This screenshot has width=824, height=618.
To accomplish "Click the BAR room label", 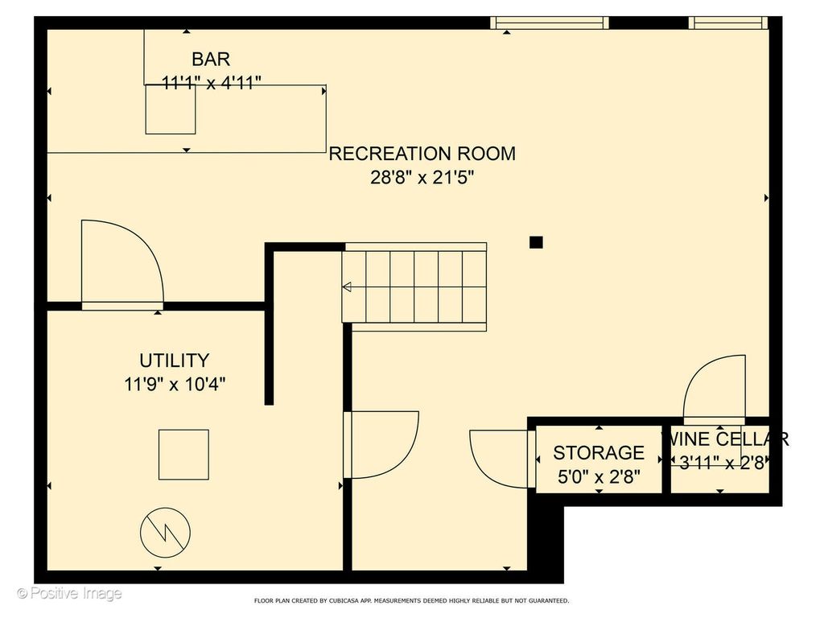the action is click(x=211, y=59).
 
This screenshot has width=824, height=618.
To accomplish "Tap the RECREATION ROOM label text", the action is click(x=422, y=154).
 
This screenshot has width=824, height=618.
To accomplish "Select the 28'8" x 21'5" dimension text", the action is click(x=422, y=178).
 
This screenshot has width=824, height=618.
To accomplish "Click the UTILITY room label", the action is click(x=175, y=360).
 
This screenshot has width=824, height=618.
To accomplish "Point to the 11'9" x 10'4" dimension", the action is click(x=175, y=384).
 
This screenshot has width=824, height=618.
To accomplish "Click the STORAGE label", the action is click(x=599, y=452).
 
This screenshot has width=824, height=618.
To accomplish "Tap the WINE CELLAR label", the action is click(x=725, y=439).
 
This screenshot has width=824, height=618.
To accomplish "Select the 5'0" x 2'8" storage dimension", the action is click(x=599, y=476).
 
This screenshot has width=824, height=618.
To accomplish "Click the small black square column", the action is click(x=536, y=242).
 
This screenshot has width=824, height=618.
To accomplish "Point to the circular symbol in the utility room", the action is click(x=166, y=533).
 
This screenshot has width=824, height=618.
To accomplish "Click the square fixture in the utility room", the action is click(x=184, y=455).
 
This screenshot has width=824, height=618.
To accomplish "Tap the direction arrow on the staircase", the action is click(x=347, y=287).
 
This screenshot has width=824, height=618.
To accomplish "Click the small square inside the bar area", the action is click(x=171, y=109).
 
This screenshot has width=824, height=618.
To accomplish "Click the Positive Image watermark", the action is click(x=69, y=594).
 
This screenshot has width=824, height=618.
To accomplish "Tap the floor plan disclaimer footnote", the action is click(x=411, y=600).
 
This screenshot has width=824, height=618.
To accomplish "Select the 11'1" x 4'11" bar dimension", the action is click(x=212, y=83).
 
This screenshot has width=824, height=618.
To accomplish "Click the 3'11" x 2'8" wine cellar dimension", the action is click(x=722, y=463).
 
